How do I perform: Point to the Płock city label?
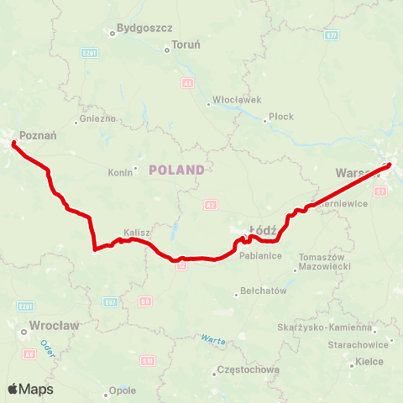point(281,117)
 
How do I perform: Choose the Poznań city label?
point(37,134)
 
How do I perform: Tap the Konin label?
point(121,173)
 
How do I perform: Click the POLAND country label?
point(176,170)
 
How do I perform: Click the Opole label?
point(123,390)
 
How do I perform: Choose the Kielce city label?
point(369,362)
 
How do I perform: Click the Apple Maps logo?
point(30,389)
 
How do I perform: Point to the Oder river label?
point(46,345)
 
